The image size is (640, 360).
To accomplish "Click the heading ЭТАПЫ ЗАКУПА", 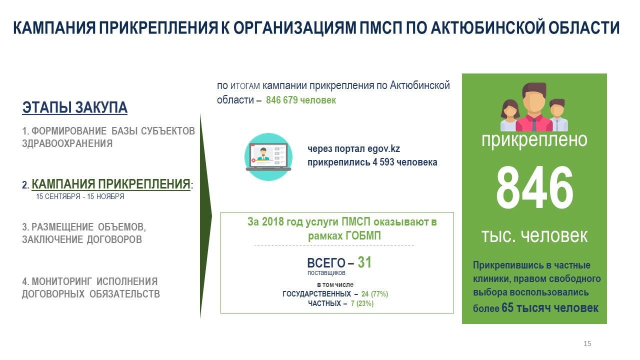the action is coord(75,107).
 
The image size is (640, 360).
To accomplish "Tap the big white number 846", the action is coord(534,187).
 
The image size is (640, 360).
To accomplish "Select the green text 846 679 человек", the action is coord(301,100).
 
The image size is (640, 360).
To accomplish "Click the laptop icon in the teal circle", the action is coord(268,156).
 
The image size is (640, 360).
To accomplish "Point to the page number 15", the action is coord(587,343).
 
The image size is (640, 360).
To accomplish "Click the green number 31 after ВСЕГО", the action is coord(364,262).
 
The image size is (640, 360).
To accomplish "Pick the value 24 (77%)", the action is coord(374,293).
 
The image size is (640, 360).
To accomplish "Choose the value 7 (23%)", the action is coord(362,303).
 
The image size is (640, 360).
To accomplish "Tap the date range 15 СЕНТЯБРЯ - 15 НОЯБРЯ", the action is coord(80,196).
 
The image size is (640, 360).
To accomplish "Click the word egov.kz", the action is coord(383,149).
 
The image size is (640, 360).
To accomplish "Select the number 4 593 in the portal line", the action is coord(383,162).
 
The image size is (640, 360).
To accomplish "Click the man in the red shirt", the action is coord(534,107).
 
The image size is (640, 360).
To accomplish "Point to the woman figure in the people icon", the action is coord(510,115).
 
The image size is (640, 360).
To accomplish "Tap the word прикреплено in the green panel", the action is coord(534,140).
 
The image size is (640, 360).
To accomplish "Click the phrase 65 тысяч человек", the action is coord(549,307).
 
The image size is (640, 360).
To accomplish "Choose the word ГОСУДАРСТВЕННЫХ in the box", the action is coord(316,293).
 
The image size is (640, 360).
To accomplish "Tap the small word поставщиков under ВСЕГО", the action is coord(326,273).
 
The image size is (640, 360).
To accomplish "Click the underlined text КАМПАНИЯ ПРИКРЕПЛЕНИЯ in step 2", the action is coord(111,184).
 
